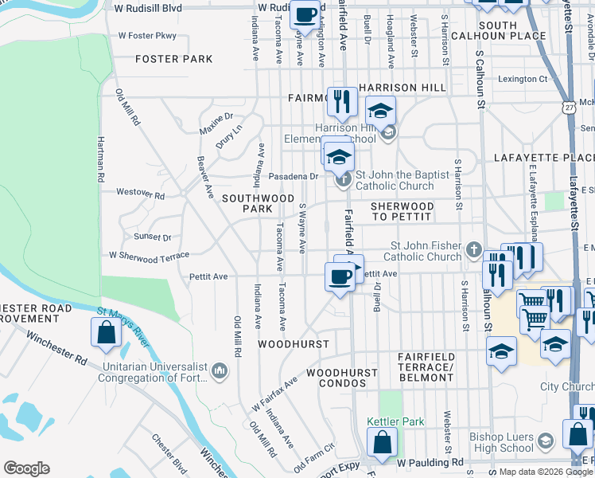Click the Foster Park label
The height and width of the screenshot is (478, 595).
click(x=173, y=59)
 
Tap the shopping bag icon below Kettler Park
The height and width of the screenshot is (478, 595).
click(x=382, y=443)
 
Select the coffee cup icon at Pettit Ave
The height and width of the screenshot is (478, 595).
click(x=340, y=277)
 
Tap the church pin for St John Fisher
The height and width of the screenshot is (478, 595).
click(x=474, y=250)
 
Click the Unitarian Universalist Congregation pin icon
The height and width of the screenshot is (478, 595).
click(x=220, y=371)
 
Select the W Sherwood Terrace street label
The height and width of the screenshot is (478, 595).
click(x=150, y=256)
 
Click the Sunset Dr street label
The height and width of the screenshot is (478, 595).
click(x=153, y=237)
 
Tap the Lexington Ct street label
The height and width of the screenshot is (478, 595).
click(x=523, y=79)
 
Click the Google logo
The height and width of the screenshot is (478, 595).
click(x=26, y=468)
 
